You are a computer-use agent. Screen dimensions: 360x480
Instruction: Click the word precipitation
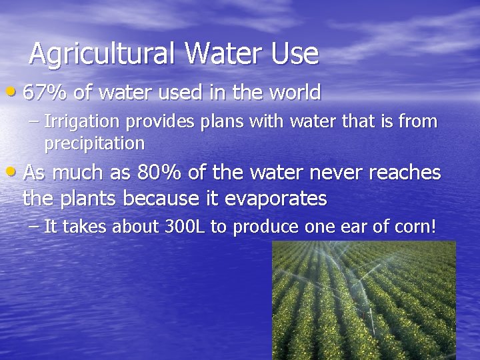(94, 143)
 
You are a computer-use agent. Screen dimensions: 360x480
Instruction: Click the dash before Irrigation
(35, 122)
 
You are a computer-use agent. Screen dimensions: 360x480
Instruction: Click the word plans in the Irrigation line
(214, 122)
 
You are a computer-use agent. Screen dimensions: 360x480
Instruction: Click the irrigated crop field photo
(363, 300)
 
